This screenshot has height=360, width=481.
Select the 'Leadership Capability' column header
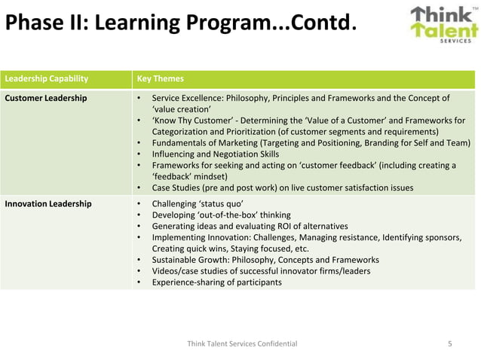coord(46,78)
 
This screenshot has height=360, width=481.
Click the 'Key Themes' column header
coord(159,78)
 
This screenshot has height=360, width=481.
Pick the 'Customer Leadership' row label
coord(46,98)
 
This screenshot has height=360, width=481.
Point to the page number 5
coord(450,343)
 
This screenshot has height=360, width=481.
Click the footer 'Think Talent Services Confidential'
coord(241,343)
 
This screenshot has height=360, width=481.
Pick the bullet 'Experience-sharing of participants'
coord(217,282)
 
